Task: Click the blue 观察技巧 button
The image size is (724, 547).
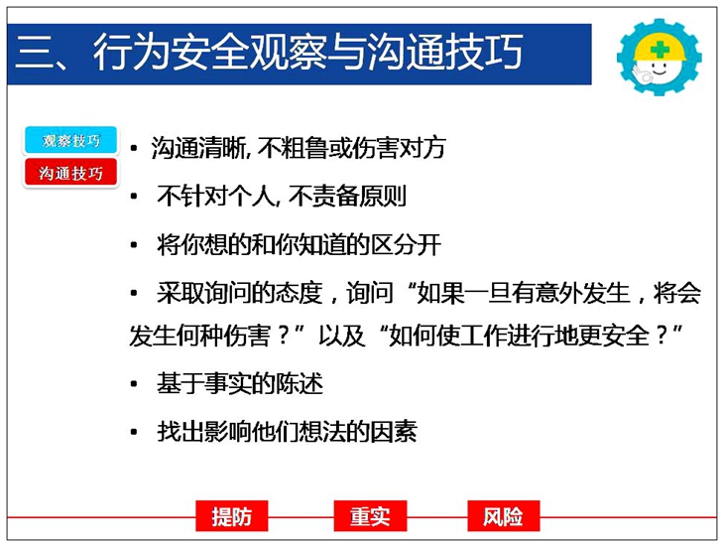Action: (70, 140)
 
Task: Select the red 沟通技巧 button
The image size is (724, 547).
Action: (70, 173)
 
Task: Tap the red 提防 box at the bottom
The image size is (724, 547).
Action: (232, 516)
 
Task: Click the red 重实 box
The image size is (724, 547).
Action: (370, 516)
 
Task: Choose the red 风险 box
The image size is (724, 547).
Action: (503, 516)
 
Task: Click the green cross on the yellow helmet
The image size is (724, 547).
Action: (660, 49)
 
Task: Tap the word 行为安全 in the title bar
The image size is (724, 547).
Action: (170, 52)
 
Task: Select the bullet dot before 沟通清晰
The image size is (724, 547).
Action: (134, 149)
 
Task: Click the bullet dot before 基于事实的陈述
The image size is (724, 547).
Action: (134, 384)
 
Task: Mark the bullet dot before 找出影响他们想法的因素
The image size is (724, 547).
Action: (134, 433)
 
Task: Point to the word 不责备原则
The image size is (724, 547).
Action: (347, 196)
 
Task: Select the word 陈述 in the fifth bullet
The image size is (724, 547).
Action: (300, 384)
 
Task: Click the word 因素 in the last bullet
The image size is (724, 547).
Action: (394, 433)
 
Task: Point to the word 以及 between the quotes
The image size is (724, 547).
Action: (341, 336)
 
